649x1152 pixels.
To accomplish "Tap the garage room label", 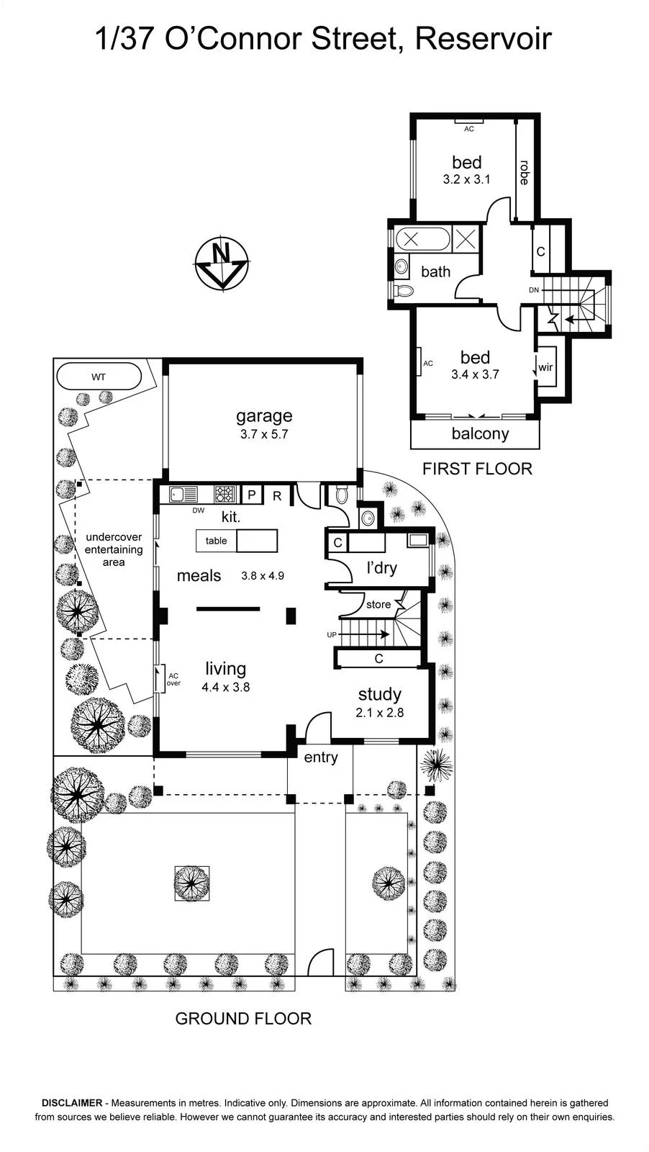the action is tap(264, 415).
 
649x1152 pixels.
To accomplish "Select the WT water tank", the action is tap(99, 377).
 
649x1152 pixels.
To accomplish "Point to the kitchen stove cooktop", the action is tap(225, 494).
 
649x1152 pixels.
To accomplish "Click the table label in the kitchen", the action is tap(217, 541).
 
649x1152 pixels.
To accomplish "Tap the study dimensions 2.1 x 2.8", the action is tap(380, 712).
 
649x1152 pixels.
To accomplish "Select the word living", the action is tap(226, 668).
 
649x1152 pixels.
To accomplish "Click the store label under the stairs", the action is tap(378, 604).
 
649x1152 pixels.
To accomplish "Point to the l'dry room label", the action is tap(382, 568).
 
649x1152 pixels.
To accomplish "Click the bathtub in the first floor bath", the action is tap(423, 239).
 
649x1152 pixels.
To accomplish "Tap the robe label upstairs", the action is tap(524, 172).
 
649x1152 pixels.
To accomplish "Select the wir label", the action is tap(545, 367).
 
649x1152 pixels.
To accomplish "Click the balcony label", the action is tap(480, 433).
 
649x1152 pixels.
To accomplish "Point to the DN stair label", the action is tap(534, 289).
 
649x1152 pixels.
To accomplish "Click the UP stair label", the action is tap(332, 634).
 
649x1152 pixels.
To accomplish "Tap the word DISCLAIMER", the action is tap(72, 1102).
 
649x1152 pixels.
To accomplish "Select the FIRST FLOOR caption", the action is tap(477, 469).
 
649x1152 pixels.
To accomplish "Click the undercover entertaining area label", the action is tap(114, 549).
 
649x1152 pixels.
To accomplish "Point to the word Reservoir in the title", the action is tap(483, 39).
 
